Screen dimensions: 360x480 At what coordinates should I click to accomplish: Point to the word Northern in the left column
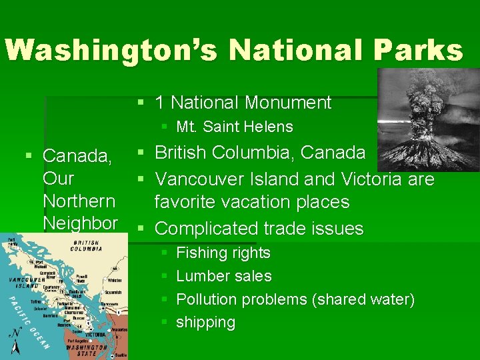(x=79, y=201)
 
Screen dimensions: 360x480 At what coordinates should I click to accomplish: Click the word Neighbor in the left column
(x=80, y=223)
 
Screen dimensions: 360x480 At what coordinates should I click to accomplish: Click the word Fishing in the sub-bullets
(x=201, y=253)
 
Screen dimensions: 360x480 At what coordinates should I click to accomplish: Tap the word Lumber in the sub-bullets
(x=200, y=276)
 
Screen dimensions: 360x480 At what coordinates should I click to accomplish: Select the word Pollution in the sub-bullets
(x=206, y=299)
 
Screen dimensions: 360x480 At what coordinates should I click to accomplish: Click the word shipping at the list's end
(x=205, y=323)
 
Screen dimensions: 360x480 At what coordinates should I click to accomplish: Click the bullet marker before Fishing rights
(x=164, y=253)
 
